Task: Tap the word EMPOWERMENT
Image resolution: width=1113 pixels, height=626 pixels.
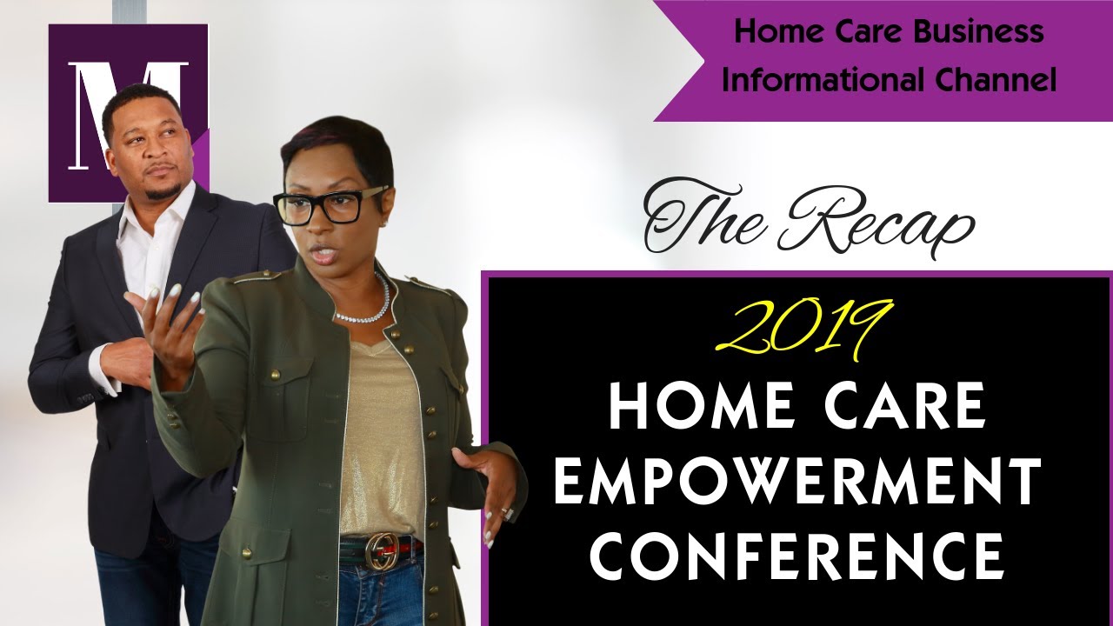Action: pos(797,483)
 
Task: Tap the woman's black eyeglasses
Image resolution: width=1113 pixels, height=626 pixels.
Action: pos(331,205)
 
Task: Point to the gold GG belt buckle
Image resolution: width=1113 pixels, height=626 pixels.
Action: pos(381,549)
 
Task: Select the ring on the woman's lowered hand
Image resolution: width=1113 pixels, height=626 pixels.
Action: pos(507,513)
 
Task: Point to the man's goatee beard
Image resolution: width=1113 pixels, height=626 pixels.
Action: pos(162,187)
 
